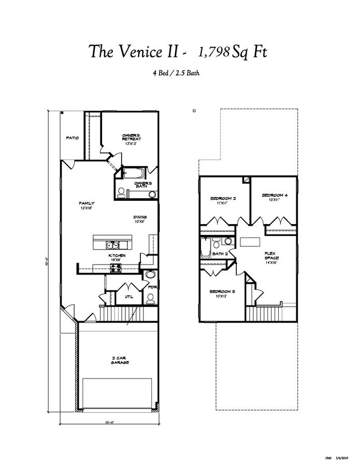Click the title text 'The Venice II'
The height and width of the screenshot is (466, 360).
pos(137,52)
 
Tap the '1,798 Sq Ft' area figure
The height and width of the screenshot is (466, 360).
pos(232,52)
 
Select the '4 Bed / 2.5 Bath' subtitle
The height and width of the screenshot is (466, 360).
pos(176,73)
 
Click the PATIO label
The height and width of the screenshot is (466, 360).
pos(72,138)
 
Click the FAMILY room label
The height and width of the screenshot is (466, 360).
pos(87,205)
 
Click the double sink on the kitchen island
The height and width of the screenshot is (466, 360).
pos(113,245)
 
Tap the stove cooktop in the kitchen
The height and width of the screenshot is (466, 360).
pos(114,268)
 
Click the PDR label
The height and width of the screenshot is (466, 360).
pos(152,286)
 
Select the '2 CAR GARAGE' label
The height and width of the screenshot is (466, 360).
pos(119,360)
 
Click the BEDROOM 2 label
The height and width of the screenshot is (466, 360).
pos(223,200)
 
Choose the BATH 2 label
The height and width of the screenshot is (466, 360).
pos(220,254)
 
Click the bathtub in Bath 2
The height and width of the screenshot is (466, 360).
pos(206,247)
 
